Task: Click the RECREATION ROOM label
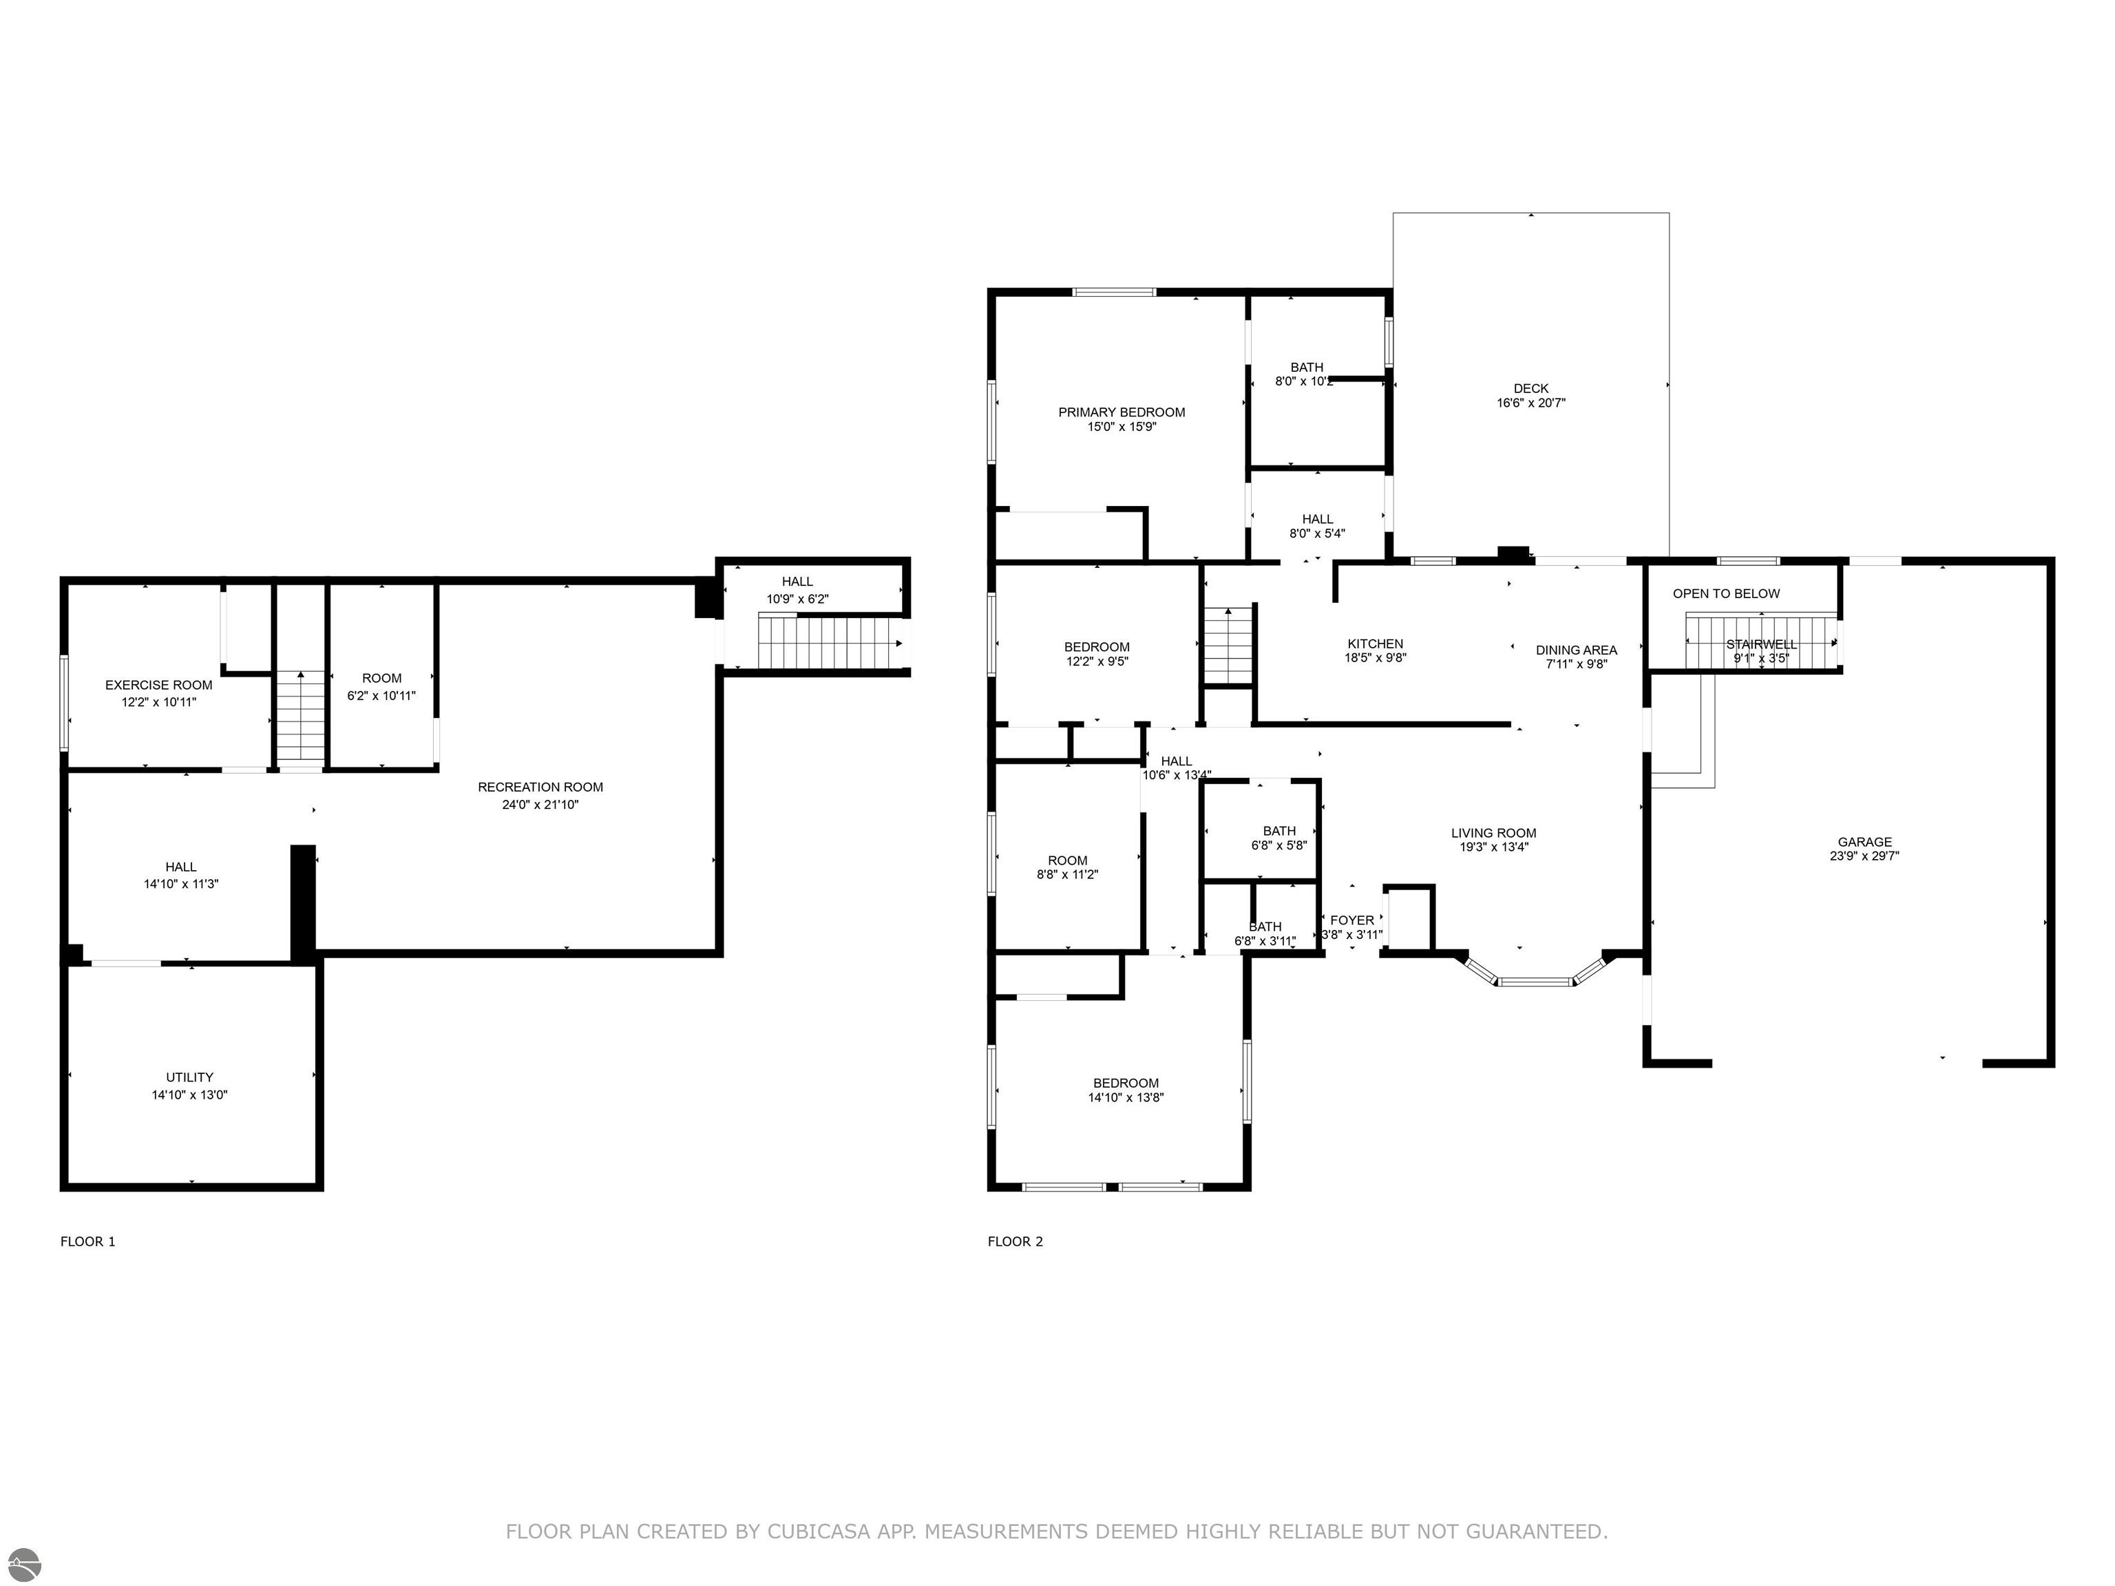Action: pyautogui.click(x=540, y=787)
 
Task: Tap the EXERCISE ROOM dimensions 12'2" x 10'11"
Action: pyautogui.click(x=159, y=701)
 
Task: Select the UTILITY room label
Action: pyautogui.click(x=189, y=1077)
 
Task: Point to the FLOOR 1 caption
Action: pyautogui.click(x=88, y=1241)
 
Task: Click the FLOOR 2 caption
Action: pyautogui.click(x=1016, y=1241)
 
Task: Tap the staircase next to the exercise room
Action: pyautogui.click(x=301, y=717)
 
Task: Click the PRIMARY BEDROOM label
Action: pyautogui.click(x=1122, y=412)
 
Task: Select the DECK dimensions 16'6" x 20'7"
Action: pyautogui.click(x=1530, y=403)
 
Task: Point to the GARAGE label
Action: pyautogui.click(x=1864, y=843)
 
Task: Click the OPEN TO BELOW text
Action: pyautogui.click(x=1726, y=593)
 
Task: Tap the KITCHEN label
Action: pyautogui.click(x=1375, y=644)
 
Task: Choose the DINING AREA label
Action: pyautogui.click(x=1577, y=650)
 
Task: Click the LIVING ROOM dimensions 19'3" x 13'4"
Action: pyautogui.click(x=1493, y=846)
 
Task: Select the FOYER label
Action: pyautogui.click(x=1352, y=920)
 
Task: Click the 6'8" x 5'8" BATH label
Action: pyautogui.click(x=1279, y=831)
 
